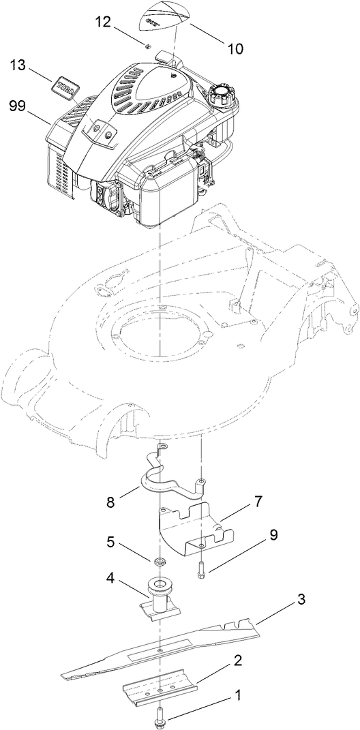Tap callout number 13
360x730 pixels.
point(18,66)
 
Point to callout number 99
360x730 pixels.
point(18,106)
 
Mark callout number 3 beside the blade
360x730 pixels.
point(301,600)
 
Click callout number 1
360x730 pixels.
point(238,696)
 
